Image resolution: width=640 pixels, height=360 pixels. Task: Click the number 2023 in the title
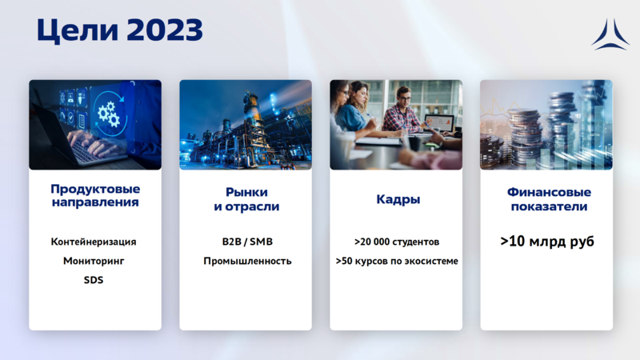click(x=163, y=30)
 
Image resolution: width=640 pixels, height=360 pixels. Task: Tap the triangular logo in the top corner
click(x=610, y=34)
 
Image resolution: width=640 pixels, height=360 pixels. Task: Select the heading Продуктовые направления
click(x=95, y=196)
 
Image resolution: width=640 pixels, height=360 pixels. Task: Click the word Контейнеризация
click(x=94, y=242)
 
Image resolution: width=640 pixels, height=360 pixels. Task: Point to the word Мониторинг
click(x=94, y=261)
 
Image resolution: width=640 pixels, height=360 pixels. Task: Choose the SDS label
click(x=94, y=280)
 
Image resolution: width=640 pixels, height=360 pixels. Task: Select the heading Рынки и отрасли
click(x=246, y=199)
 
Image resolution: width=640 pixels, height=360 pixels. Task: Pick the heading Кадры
click(x=398, y=199)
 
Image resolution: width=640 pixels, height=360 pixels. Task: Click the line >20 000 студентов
click(x=397, y=242)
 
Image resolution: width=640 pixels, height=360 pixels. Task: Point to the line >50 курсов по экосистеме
click(x=397, y=261)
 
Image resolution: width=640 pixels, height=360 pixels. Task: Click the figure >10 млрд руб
click(x=547, y=242)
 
